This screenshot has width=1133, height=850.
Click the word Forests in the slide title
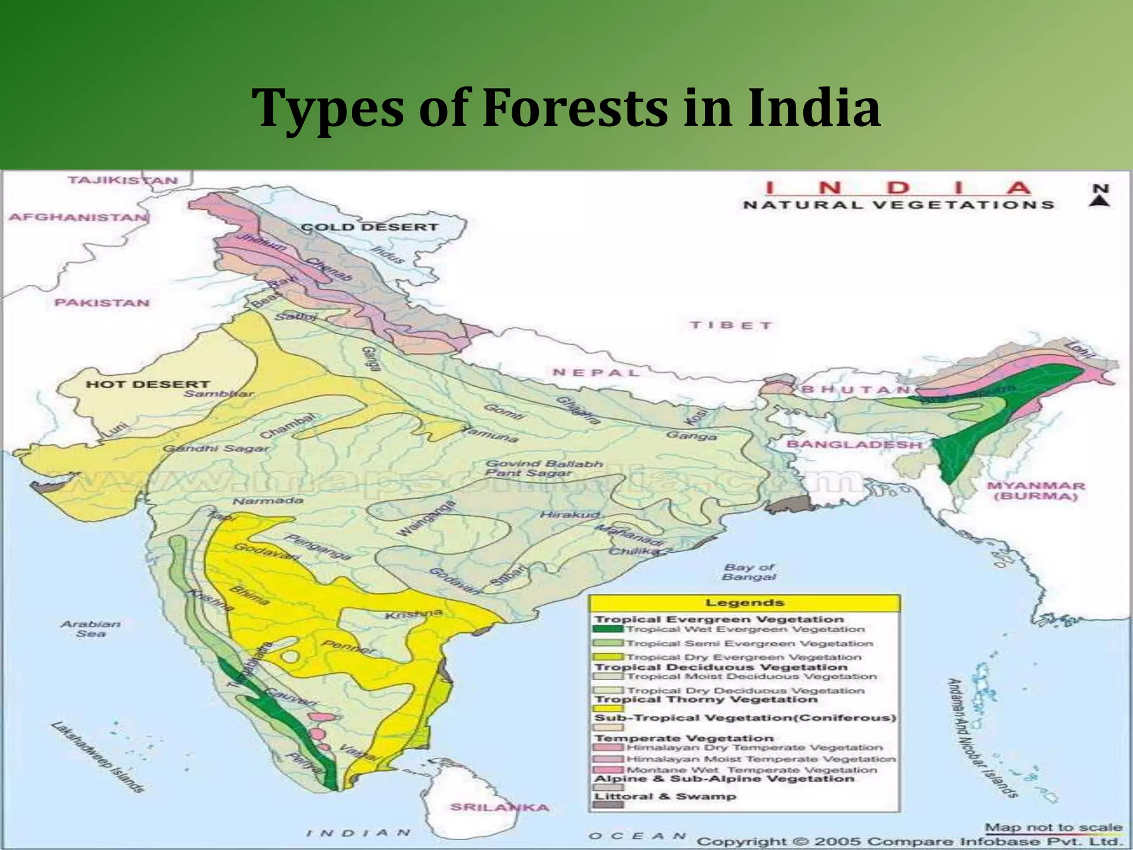coord(575,108)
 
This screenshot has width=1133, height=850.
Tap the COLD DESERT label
coord(369,227)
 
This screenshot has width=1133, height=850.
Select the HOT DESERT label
coord(148,384)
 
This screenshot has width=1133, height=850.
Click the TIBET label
coord(731,325)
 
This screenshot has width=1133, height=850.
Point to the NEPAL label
coord(596,372)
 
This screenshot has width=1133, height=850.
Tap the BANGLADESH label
coord(854,444)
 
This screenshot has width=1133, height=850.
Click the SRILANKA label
coord(500,807)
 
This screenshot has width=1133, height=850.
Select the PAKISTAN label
coord(102,303)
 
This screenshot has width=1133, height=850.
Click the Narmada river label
coord(268,501)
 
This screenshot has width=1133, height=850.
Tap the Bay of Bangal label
coord(749,572)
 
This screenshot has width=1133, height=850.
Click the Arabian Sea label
coord(90,629)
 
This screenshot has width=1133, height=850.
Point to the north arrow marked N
coord(1100,195)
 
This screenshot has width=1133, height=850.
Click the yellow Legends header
coord(744,603)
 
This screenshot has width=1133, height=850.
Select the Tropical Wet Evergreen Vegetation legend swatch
coord(608,629)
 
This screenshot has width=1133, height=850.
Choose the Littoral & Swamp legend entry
coord(665,796)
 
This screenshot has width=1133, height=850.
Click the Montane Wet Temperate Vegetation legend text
coord(751,770)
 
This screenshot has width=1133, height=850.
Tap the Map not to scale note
coord(1053,828)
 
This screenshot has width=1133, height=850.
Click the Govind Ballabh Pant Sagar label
coord(543,468)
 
